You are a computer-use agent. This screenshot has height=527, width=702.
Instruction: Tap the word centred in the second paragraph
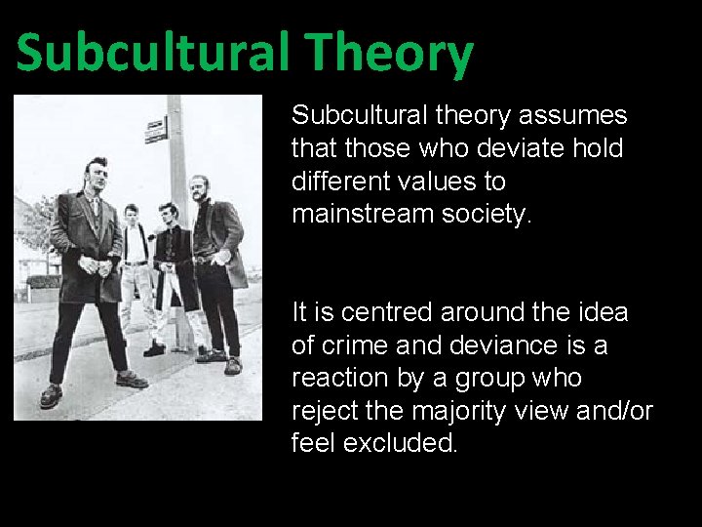coord(388,313)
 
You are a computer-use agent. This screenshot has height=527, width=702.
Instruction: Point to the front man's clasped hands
coord(97,264)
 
